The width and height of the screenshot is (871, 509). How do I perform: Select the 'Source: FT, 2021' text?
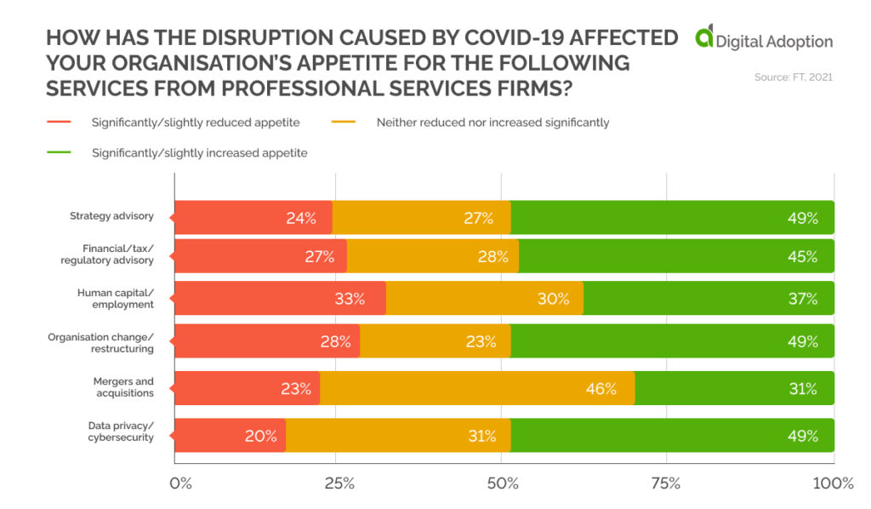click(x=793, y=77)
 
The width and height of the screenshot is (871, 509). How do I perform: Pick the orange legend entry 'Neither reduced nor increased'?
click(x=492, y=123)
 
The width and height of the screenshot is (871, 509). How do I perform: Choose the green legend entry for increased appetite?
click(x=199, y=153)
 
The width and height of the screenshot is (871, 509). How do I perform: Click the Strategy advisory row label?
click(x=111, y=216)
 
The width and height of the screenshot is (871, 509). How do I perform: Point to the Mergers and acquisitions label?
click(x=123, y=387)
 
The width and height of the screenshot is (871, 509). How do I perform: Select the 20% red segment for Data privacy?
click(x=230, y=436)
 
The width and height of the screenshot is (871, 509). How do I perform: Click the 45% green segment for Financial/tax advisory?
click(x=676, y=256)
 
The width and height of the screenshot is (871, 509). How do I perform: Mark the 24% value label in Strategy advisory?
click(x=301, y=218)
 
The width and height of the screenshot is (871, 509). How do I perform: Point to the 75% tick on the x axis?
click(x=666, y=483)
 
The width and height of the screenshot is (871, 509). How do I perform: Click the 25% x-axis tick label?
click(x=339, y=483)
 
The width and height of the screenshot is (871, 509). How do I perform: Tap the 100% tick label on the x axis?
click(x=833, y=483)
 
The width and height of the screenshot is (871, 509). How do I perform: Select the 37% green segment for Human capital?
click(x=708, y=299)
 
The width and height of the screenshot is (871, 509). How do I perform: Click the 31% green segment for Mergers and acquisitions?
click(x=733, y=388)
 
